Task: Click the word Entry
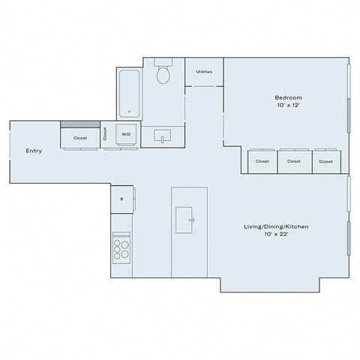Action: click(34, 151)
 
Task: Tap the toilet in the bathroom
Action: click(163, 73)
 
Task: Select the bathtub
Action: click(130, 94)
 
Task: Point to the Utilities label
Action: click(203, 72)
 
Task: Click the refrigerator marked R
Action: click(122, 199)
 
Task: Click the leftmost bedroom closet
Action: click(262, 161)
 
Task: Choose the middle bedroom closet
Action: click(294, 161)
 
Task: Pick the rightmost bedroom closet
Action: click(325, 161)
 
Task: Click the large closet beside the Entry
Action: click(79, 138)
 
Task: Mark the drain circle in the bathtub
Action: click(130, 112)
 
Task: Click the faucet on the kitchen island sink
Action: click(192, 220)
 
